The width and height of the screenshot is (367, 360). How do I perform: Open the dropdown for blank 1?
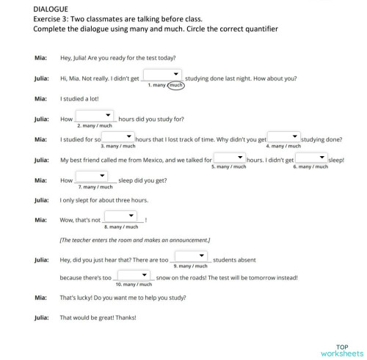(162, 75)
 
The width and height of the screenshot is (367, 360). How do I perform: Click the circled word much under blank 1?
(176, 85)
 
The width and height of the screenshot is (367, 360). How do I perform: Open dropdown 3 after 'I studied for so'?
(117, 137)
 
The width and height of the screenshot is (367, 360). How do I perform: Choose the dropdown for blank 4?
(283, 137)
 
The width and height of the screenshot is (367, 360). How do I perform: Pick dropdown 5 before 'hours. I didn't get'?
(229, 158)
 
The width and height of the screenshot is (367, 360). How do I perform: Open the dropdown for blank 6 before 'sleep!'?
(310, 158)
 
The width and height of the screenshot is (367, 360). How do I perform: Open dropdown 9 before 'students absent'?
(191, 257)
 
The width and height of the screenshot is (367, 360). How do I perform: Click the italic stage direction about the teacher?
(135, 240)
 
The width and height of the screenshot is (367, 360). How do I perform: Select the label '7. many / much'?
(95, 187)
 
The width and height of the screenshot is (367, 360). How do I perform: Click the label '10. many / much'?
(133, 284)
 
